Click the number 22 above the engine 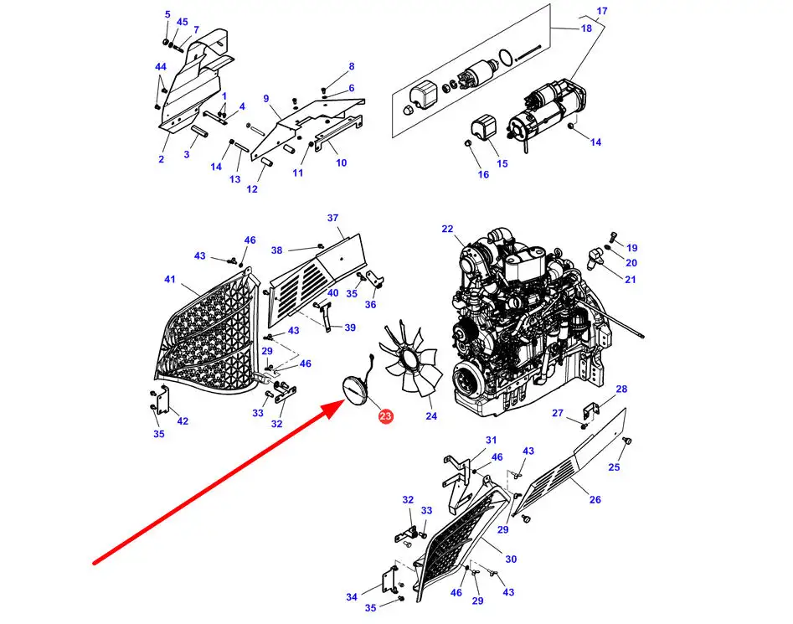(x=447, y=229)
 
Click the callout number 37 (x=332, y=219)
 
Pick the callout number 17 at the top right (x=601, y=10)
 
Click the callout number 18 (x=587, y=28)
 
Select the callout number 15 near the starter (x=502, y=162)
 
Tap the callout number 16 (x=483, y=174)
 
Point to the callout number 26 (x=595, y=499)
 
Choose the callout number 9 (x=265, y=98)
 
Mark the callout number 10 (x=341, y=162)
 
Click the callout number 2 (x=161, y=158)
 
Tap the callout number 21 (x=630, y=279)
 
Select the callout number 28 (x=621, y=389)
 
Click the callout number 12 (x=252, y=189)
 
